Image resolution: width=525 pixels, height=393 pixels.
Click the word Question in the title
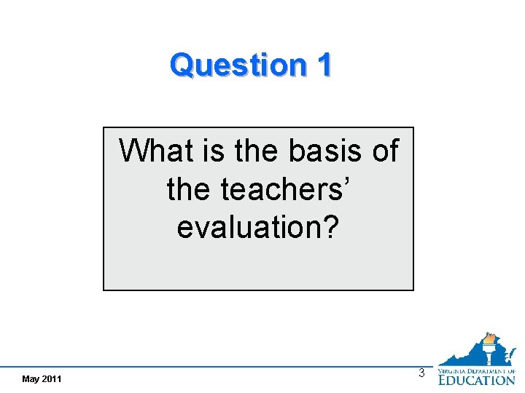coord(237,65)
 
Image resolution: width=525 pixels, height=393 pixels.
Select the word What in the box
coord(155,151)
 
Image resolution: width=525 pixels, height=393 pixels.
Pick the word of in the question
coord(385,151)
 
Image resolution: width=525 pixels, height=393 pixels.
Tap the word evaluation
coord(249,227)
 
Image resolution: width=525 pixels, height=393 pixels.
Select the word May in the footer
coord(31,379)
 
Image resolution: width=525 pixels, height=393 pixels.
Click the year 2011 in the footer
coord(52,379)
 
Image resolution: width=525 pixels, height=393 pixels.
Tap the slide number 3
coord(421,373)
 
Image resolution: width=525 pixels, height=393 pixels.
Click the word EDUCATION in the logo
coord(476,378)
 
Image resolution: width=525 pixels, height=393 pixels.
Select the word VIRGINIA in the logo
coord(452,370)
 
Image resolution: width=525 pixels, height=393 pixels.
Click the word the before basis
coord(256,151)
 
